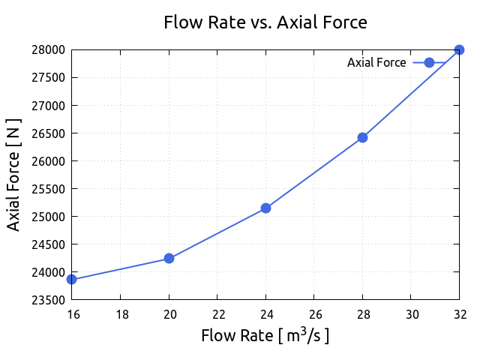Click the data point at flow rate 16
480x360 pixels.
click(72, 279)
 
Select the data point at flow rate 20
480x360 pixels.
click(169, 258)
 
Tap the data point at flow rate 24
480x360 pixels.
click(265, 208)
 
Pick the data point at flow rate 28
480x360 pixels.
click(362, 137)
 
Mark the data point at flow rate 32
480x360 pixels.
click(459, 50)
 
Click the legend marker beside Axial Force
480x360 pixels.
click(429, 62)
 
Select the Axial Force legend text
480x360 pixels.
click(376, 63)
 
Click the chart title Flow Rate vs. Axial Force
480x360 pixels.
click(265, 22)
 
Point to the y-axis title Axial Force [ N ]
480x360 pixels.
click(13, 175)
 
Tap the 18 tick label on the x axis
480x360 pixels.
click(121, 313)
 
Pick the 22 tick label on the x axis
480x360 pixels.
click(217, 313)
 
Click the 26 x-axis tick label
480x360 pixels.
click(314, 313)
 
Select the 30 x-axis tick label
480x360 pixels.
click(411, 313)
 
